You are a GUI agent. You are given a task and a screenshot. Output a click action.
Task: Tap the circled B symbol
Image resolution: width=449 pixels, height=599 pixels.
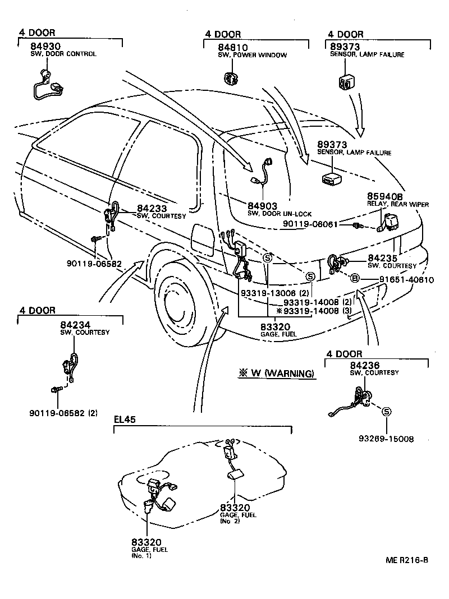click(x=355, y=279)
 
